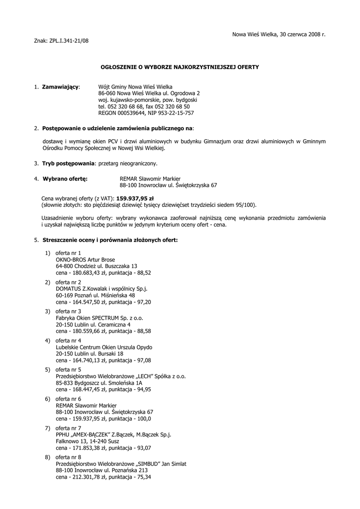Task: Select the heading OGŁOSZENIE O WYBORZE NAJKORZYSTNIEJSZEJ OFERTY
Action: tap(180, 66)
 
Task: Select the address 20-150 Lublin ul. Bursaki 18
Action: tap(90, 353)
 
